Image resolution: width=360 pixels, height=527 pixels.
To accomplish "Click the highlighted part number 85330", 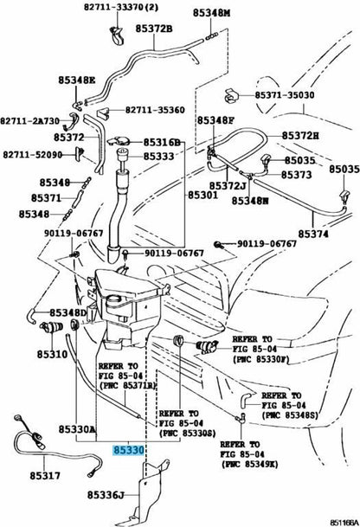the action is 128,450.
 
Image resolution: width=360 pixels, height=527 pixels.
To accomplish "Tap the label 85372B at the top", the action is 154,29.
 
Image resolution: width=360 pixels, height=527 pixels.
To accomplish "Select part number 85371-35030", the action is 285,95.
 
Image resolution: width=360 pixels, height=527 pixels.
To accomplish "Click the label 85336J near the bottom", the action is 106,495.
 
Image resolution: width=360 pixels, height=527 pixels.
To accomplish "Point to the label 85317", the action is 45,476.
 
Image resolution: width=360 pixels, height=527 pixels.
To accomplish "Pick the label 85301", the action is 202,195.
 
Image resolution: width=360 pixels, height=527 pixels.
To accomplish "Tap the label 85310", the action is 52,354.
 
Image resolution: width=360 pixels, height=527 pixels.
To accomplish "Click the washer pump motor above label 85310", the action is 51,327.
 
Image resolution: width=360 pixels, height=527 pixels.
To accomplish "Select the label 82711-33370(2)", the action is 121,7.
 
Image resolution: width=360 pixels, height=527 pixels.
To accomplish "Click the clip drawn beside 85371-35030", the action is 232,95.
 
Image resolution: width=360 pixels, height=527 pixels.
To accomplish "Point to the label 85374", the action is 313,234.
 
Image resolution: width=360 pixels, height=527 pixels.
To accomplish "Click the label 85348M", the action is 211,13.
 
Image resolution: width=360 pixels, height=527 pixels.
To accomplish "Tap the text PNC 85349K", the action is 250,465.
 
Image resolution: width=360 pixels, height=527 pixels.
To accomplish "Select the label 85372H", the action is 300,136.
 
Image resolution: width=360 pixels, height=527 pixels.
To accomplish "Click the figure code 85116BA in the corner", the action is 344,523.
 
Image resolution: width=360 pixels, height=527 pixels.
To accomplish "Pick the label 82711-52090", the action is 33,155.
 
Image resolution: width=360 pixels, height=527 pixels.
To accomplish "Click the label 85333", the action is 159,157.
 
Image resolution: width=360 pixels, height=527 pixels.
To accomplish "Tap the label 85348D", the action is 68,313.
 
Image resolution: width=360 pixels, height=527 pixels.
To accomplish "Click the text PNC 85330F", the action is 260,359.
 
